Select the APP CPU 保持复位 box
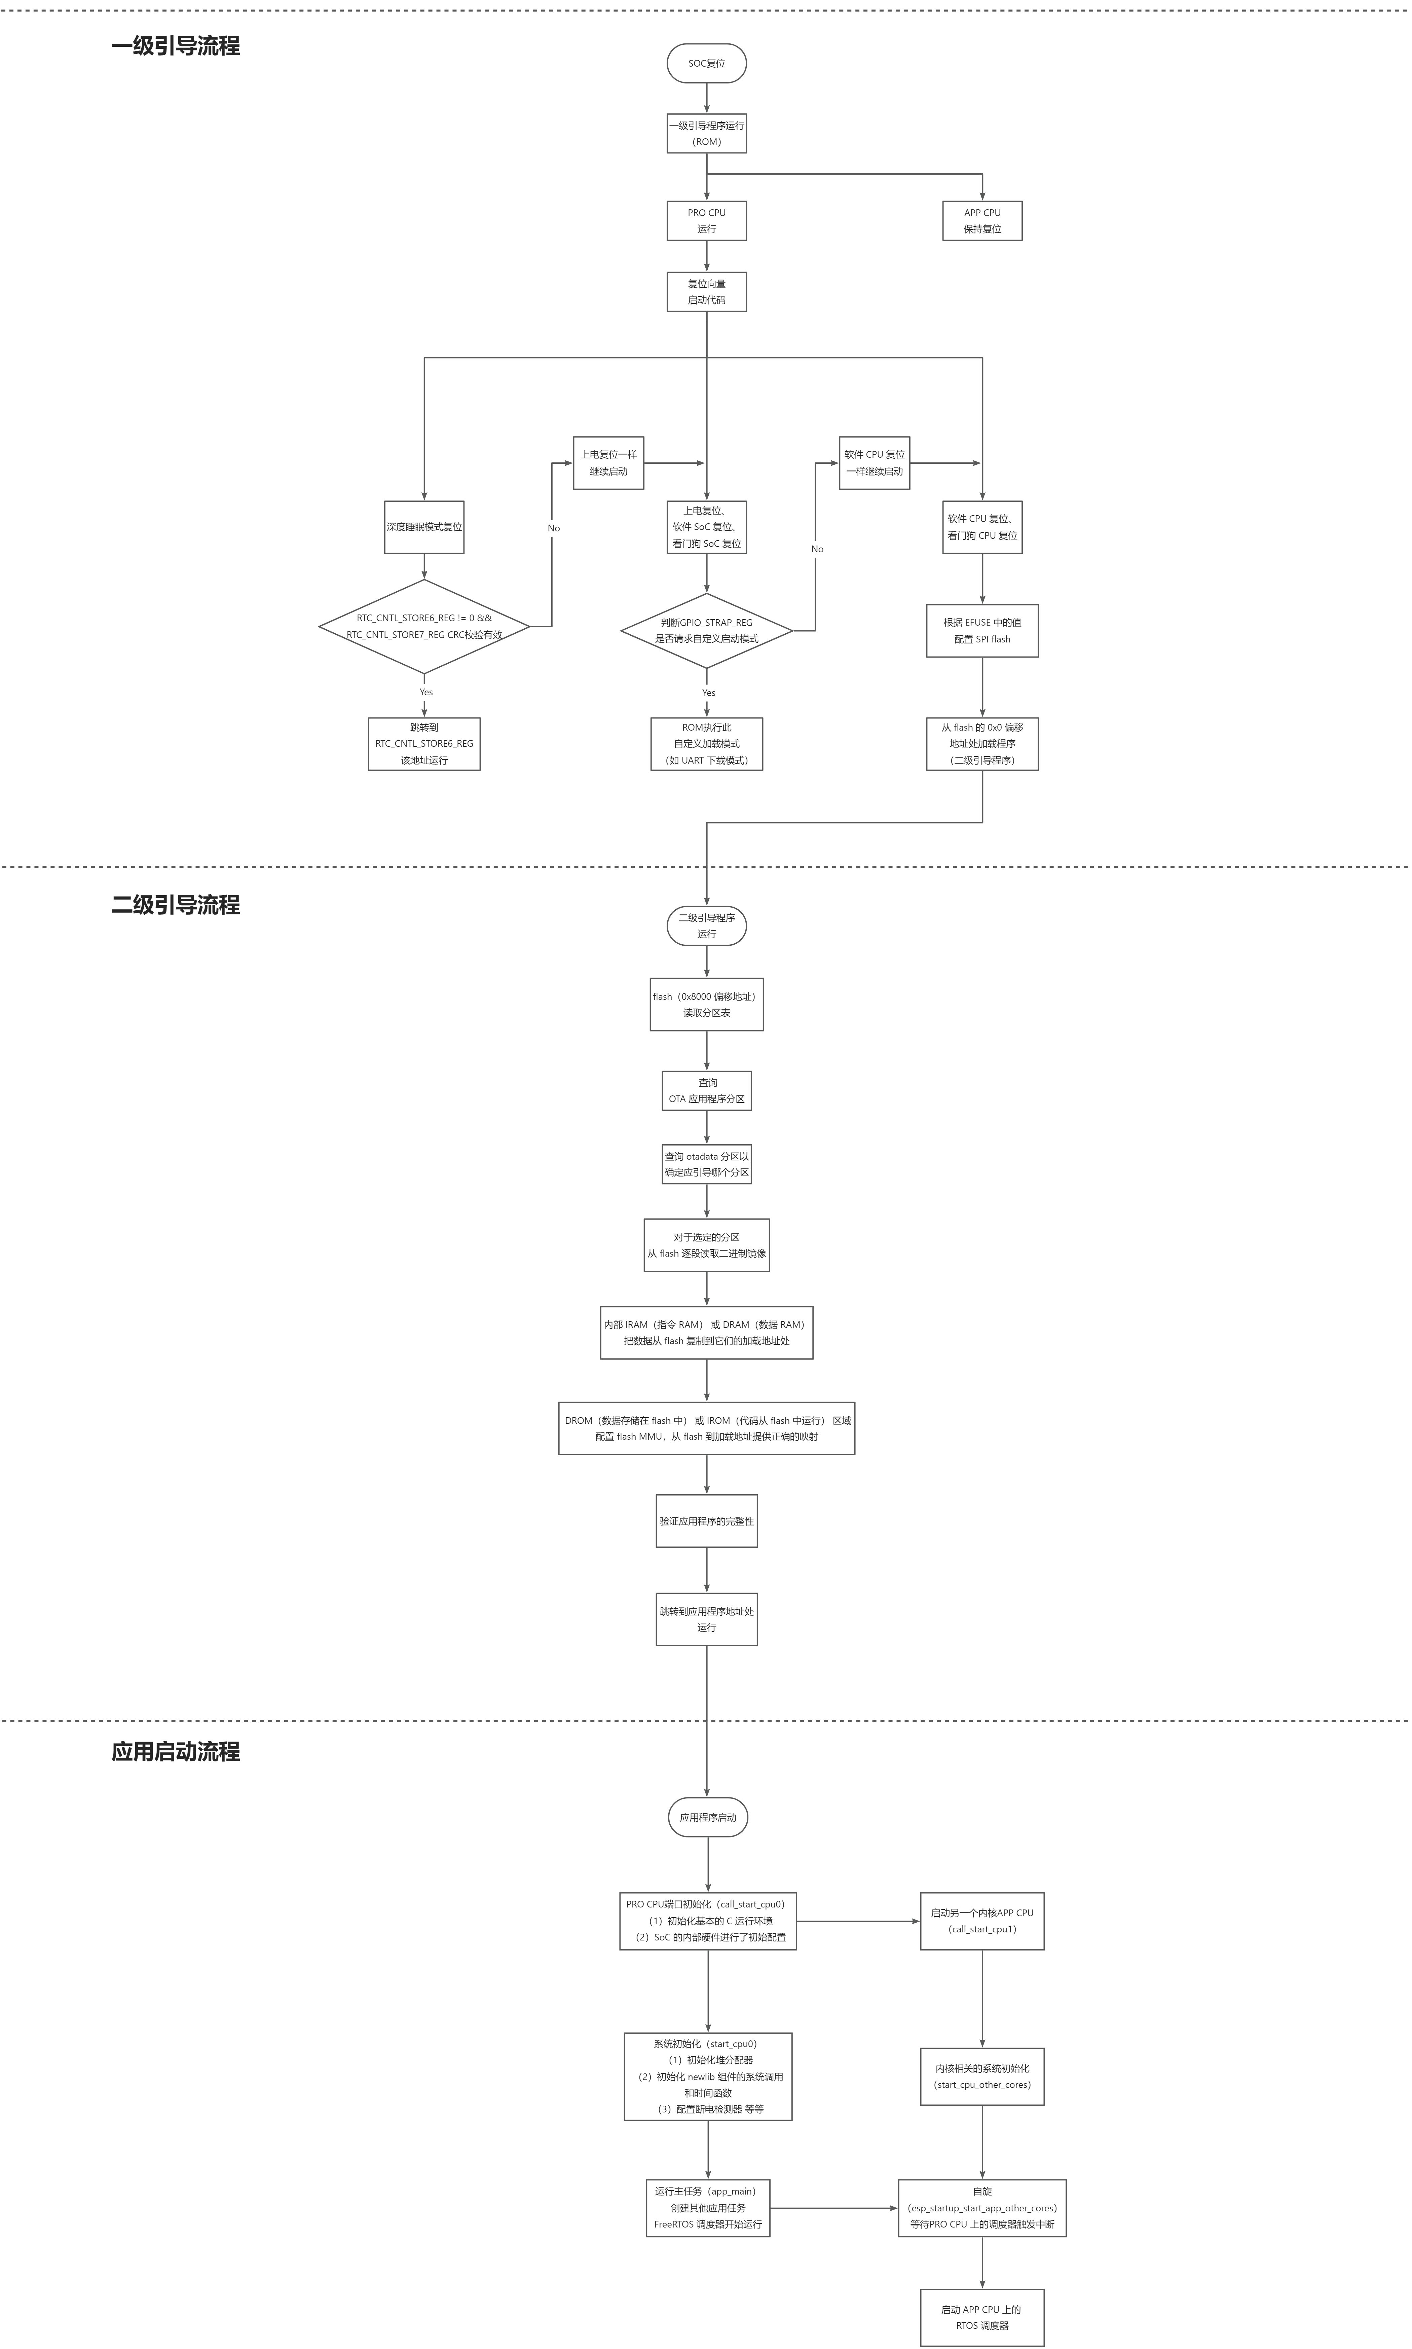[982, 221]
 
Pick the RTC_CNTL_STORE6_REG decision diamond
[424, 626]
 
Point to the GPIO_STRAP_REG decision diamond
[706, 630]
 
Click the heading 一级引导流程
[176, 46]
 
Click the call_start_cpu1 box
[982, 1921]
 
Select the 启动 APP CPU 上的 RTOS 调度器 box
[982, 2317]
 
